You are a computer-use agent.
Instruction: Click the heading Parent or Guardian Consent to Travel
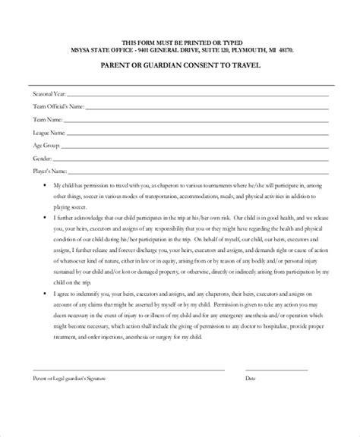180,65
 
